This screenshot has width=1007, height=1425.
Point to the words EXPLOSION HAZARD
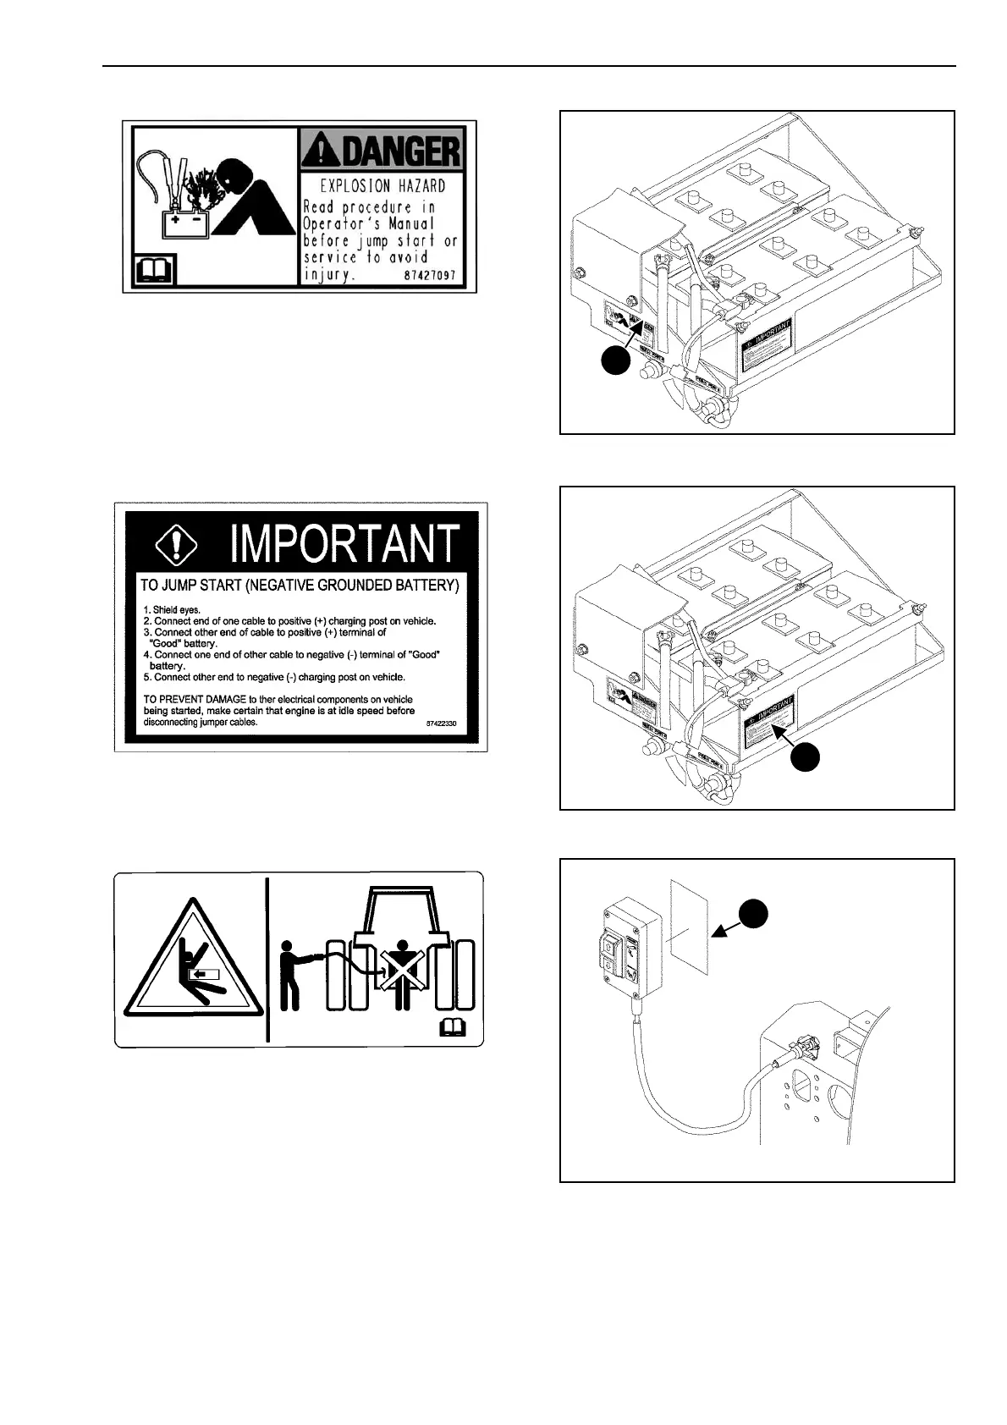(x=382, y=185)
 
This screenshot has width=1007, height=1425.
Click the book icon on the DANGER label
(x=154, y=271)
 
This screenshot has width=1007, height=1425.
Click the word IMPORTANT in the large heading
(x=345, y=543)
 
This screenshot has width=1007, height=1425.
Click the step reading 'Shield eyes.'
(x=172, y=609)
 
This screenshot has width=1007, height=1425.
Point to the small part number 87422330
(x=442, y=724)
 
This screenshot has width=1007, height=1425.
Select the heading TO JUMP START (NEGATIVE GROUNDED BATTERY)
(x=300, y=585)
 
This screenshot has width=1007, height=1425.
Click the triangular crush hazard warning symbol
(x=192, y=964)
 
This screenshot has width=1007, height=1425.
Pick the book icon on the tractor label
(x=454, y=1028)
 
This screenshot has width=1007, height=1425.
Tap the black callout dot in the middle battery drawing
(x=807, y=757)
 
